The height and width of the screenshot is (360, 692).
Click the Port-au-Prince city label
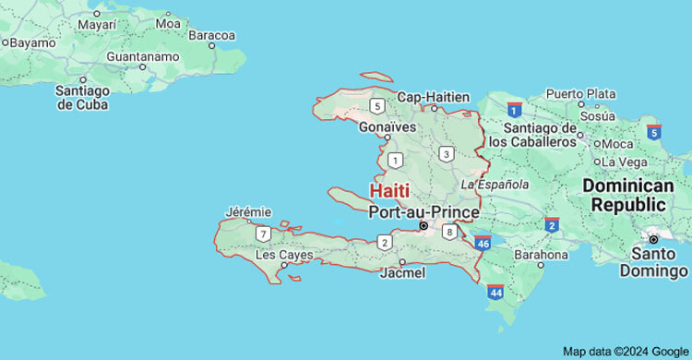point(424,211)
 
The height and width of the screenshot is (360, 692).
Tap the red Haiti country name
point(390,191)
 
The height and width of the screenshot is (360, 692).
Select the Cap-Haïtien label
point(434,97)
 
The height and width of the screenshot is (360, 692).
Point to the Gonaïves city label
point(388,126)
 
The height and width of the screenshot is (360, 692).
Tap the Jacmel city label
point(402,273)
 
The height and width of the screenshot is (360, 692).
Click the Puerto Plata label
point(581,93)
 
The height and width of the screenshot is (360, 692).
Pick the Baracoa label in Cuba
point(212,35)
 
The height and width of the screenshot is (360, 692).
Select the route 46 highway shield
point(483,243)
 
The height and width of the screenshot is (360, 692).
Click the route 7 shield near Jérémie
point(264,233)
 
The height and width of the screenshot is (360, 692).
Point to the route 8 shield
point(449,232)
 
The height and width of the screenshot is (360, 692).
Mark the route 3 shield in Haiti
point(447,154)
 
